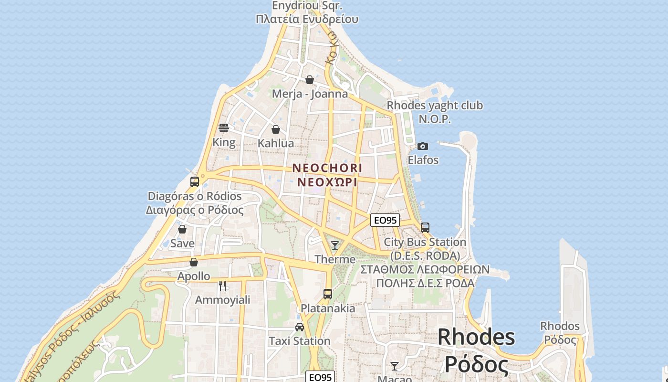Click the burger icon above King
(224, 128)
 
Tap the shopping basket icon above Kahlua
(276, 129)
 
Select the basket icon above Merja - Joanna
(310, 79)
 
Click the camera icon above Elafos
(423, 146)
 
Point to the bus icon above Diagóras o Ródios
(195, 181)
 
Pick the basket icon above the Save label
(182, 229)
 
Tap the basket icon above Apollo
(194, 262)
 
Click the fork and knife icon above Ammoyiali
(222, 286)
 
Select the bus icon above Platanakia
(328, 294)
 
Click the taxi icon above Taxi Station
(300, 327)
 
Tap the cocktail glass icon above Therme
(335, 245)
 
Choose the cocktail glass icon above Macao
(395, 366)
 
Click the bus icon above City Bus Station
(425, 228)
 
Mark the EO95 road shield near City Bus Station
(385, 220)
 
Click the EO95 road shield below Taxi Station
(320, 377)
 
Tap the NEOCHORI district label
(327, 168)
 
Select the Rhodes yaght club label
(435, 106)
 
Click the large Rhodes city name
(476, 337)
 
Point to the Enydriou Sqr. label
(307, 6)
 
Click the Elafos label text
(423, 160)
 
